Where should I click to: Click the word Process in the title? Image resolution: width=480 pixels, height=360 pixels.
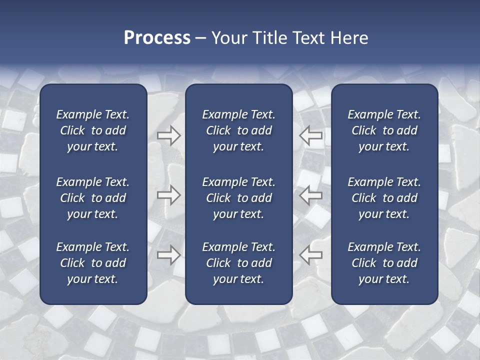click(x=157, y=38)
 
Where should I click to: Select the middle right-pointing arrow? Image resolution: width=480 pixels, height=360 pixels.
click(x=169, y=195)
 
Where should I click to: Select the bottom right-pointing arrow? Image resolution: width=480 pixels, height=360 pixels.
click(x=169, y=254)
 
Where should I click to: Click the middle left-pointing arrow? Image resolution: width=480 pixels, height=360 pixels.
click(x=311, y=195)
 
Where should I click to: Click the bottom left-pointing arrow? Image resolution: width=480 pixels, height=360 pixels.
click(x=311, y=254)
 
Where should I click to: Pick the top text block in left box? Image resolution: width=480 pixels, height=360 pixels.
click(x=93, y=130)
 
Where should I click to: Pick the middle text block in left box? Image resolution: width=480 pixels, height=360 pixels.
click(x=93, y=198)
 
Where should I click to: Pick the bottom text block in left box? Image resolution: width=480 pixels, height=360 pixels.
click(x=93, y=263)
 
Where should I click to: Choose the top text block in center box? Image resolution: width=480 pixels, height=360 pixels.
click(x=238, y=130)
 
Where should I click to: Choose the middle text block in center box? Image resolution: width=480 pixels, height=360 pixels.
click(x=238, y=198)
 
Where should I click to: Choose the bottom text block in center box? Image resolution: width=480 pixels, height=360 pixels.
click(x=238, y=263)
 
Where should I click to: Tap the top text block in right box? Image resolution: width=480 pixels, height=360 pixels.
click(x=384, y=130)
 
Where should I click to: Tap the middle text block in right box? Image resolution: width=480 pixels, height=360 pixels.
click(x=384, y=198)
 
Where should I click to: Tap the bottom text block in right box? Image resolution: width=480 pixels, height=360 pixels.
click(x=384, y=263)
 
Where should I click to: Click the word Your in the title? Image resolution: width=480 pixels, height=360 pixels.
click(x=229, y=38)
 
